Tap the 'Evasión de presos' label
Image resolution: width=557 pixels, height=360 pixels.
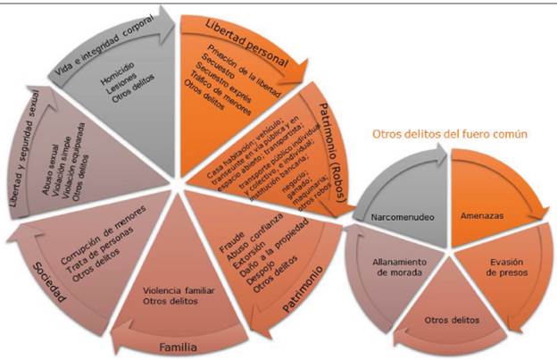503,267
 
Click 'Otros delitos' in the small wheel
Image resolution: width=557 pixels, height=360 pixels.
449,319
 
